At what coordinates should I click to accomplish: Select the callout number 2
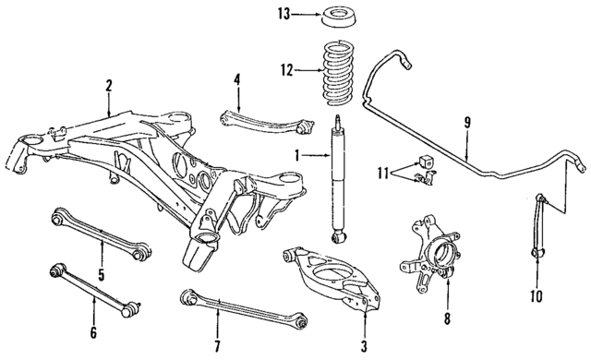click(109, 87)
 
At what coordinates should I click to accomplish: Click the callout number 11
click(384, 172)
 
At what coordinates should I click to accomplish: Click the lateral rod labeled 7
click(245, 308)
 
